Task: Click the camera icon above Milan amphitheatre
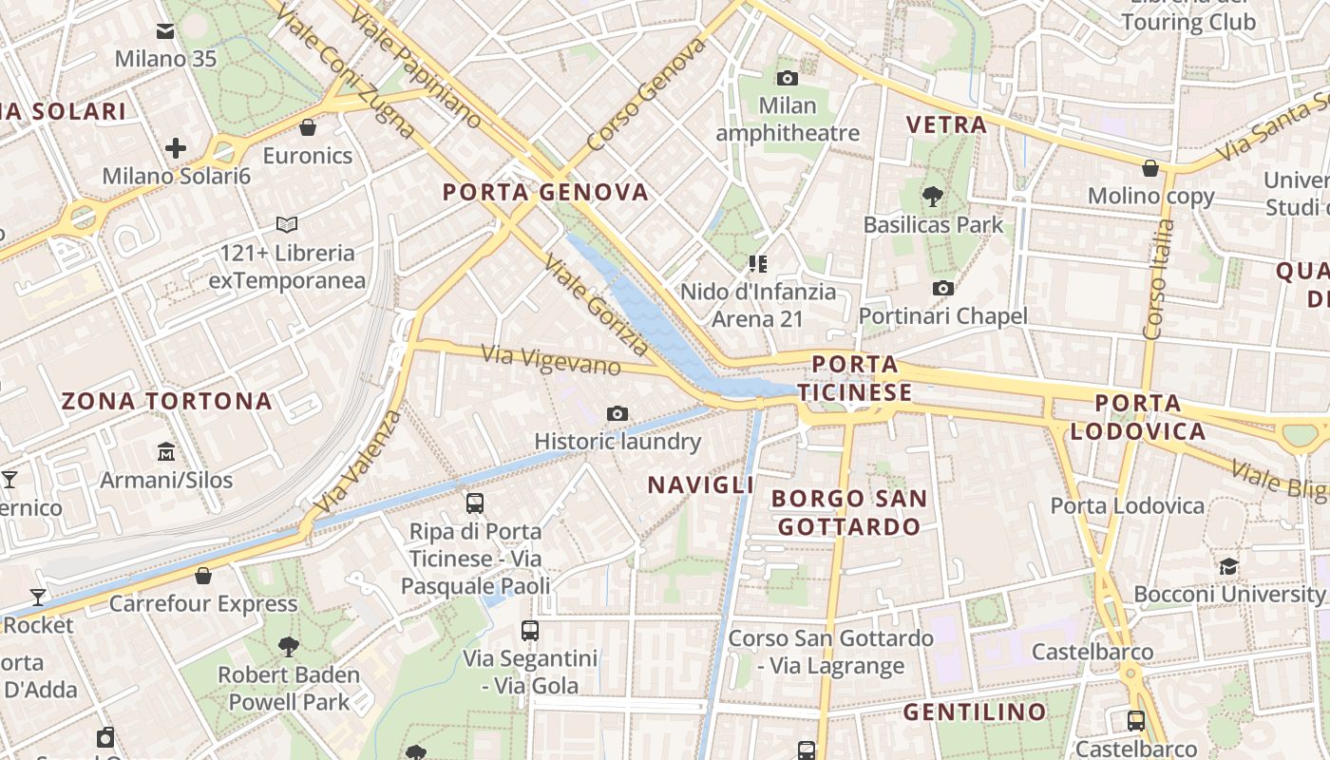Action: [x=787, y=78]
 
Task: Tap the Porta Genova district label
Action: [x=545, y=192]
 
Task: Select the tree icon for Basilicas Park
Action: [x=932, y=197]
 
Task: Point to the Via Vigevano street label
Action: [x=551, y=360]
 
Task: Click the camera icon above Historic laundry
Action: [x=617, y=413]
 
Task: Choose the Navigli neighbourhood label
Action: [x=701, y=484]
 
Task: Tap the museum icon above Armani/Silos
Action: [x=166, y=451]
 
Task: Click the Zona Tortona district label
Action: [x=167, y=401]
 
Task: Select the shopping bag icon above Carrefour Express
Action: [x=203, y=575]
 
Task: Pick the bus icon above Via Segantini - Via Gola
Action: [x=530, y=630]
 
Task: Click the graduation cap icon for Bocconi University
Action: [x=1228, y=567]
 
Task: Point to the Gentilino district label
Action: [x=974, y=712]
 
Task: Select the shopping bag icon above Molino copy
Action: [x=1150, y=168]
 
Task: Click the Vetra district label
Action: [x=946, y=124]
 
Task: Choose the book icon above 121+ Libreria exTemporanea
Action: [x=287, y=225]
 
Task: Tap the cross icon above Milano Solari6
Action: [x=175, y=148]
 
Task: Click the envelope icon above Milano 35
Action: [x=165, y=32]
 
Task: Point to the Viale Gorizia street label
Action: [x=597, y=305]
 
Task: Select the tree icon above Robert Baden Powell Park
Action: [x=289, y=647]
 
